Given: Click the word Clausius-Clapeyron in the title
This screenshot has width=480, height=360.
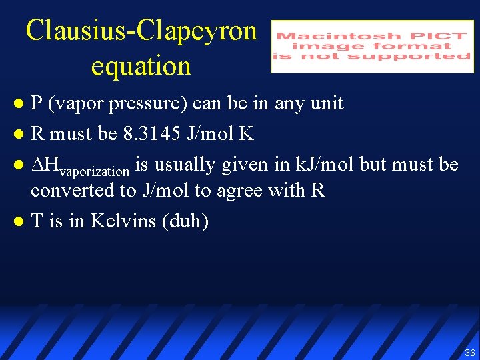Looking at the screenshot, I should coord(141,31).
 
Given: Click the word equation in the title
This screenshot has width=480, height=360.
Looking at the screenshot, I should coord(141,66).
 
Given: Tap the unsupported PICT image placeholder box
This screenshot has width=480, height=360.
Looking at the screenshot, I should coord(373,46).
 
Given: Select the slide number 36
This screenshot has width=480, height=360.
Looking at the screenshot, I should coord(470,353).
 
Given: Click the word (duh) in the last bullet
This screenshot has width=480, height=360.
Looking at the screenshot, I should coord(185,221).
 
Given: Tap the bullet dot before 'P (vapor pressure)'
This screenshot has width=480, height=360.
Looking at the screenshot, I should coord(19,104).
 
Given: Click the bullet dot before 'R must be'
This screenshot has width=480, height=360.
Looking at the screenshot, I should coord(19,135).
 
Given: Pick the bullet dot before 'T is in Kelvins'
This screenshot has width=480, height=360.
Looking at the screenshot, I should coord(19,221).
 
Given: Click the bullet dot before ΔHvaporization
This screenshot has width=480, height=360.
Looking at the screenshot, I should coord(19,165).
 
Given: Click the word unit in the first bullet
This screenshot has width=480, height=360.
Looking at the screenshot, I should coord(327,103).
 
